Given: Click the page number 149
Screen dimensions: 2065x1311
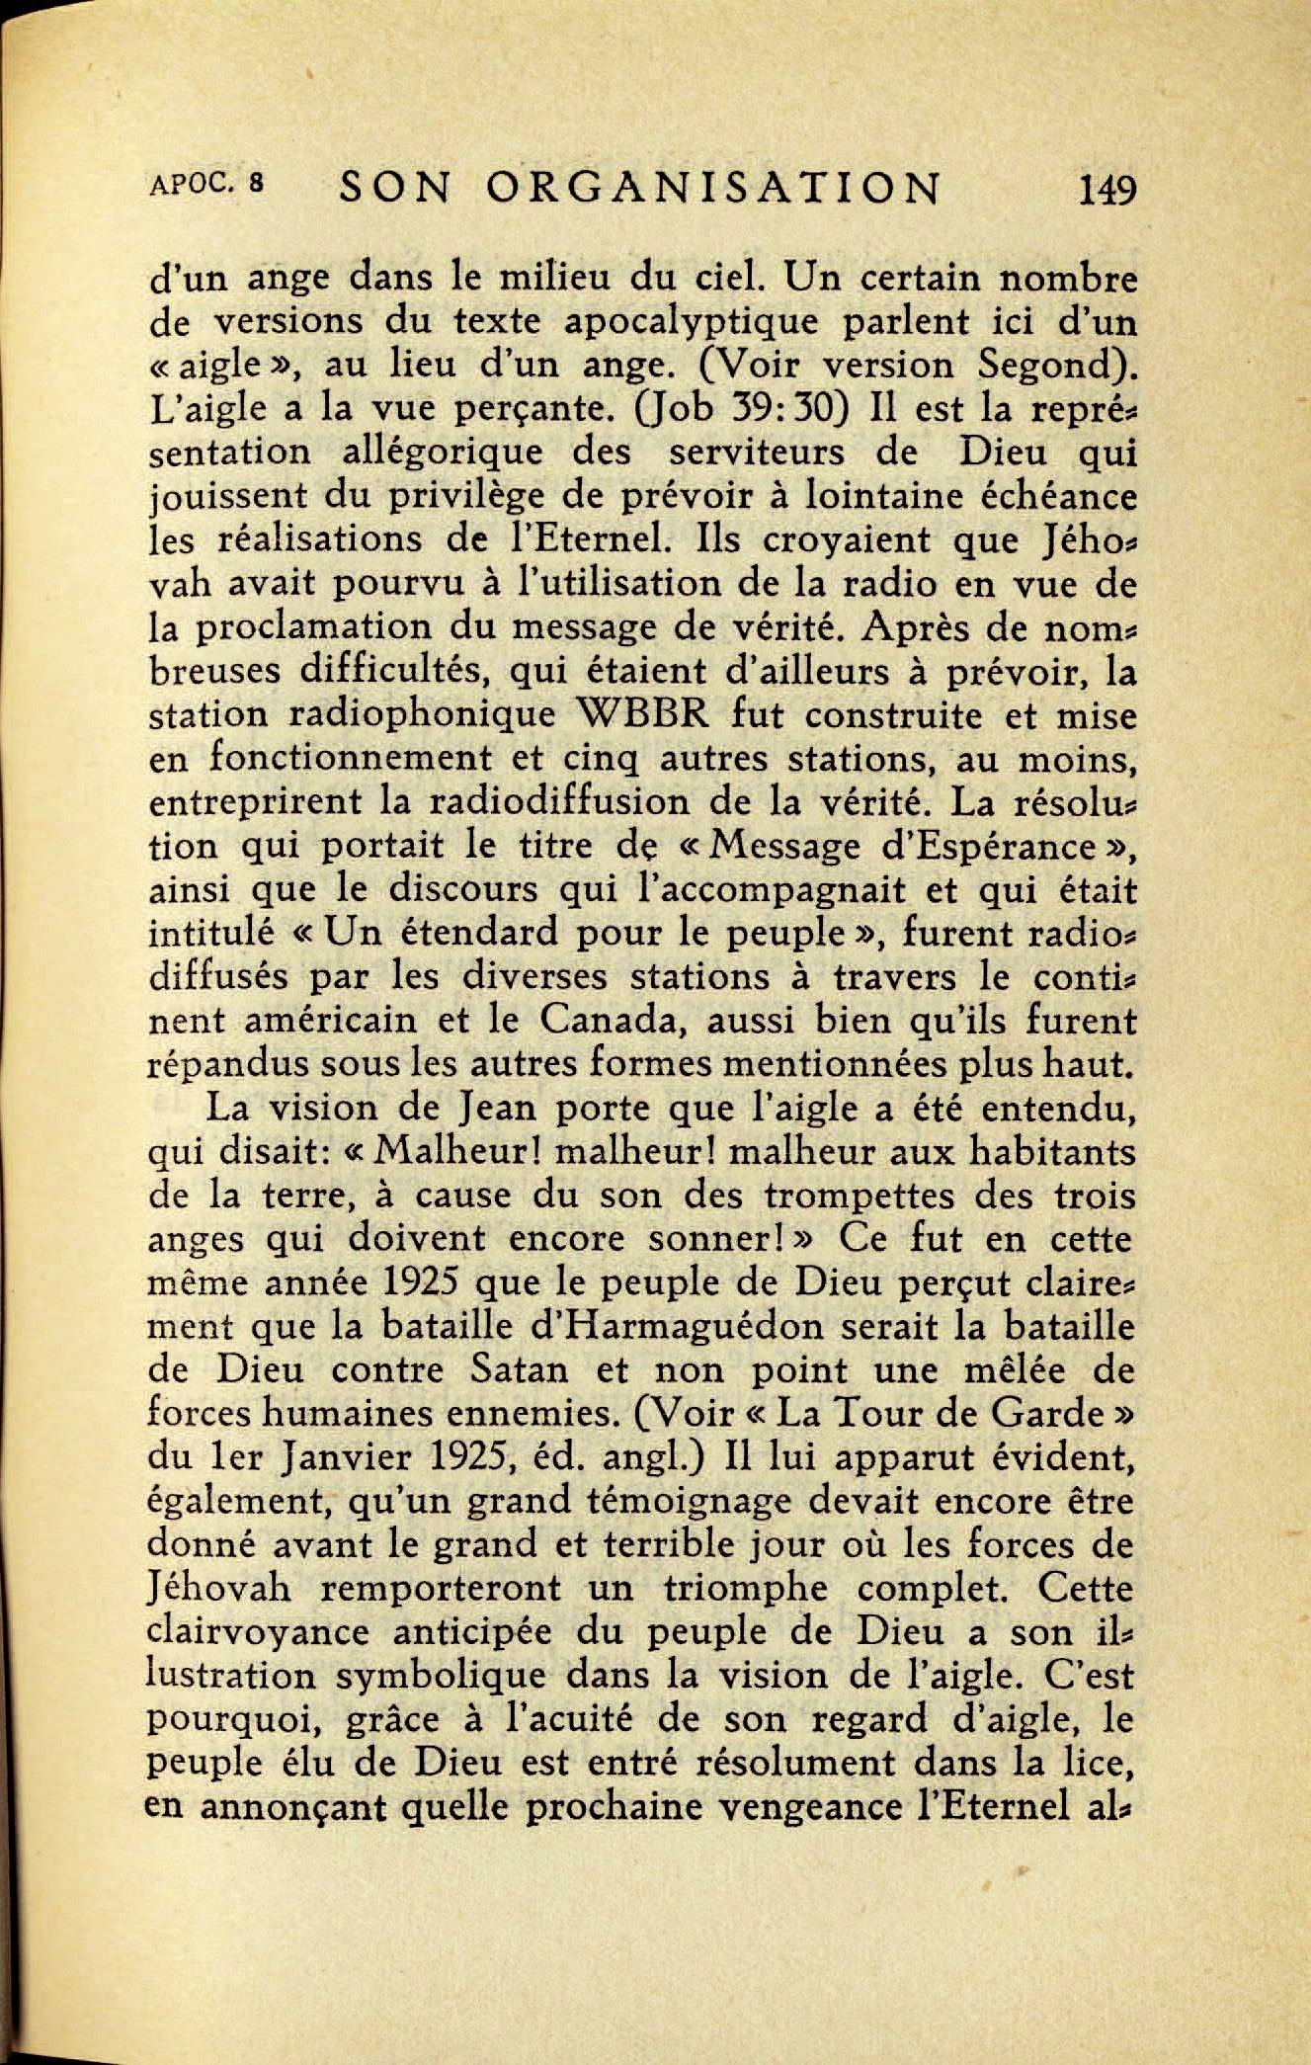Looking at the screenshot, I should pyautogui.click(x=1107, y=188).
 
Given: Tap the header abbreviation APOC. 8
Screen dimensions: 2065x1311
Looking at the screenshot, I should pyautogui.click(x=206, y=184).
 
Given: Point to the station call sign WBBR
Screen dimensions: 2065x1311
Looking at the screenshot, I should pyautogui.click(x=648, y=714).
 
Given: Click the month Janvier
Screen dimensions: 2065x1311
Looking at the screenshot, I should pyautogui.click(x=350, y=1457).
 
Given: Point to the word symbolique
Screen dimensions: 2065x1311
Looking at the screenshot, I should pyautogui.click(x=441, y=1677).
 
